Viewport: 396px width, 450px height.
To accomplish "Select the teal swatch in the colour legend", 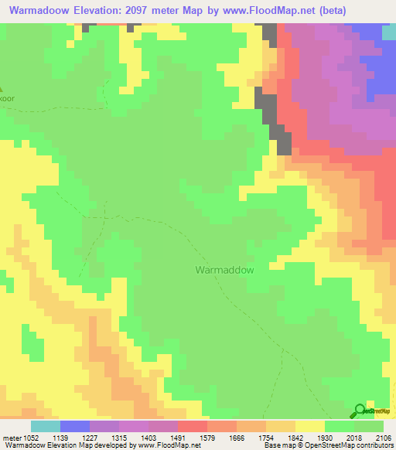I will pos(45,426).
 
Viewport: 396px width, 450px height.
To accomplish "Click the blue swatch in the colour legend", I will pos(74,426).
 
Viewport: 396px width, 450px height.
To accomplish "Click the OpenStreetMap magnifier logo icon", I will pos(359,411).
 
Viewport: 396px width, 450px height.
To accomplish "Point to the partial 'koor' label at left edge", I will pos(7,98).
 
